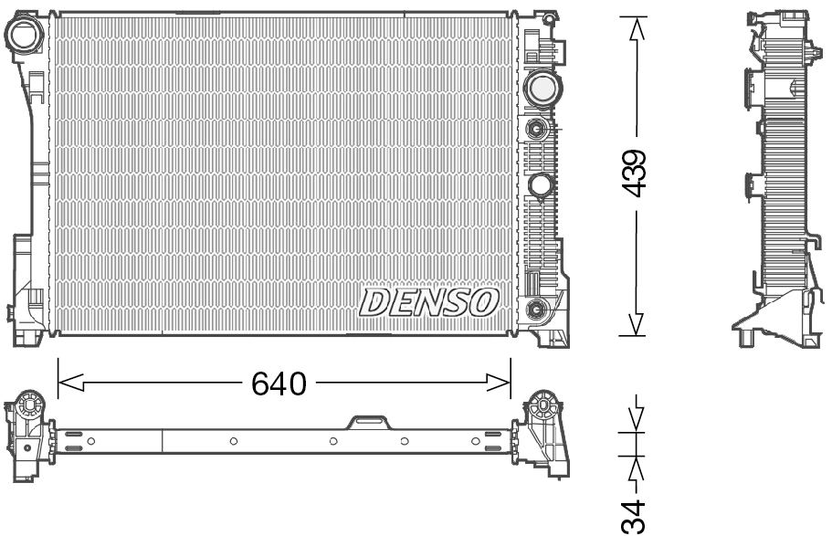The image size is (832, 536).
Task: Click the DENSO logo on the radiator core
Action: click(429, 302)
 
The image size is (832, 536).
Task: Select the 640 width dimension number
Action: click(279, 384)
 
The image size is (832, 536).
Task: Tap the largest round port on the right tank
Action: click(541, 89)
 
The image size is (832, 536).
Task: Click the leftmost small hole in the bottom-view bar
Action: click(90, 441)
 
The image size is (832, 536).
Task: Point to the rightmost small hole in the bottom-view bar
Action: click(475, 441)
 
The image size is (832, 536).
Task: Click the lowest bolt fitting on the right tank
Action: click(537, 307)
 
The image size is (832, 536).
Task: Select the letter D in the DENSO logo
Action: click(374, 302)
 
